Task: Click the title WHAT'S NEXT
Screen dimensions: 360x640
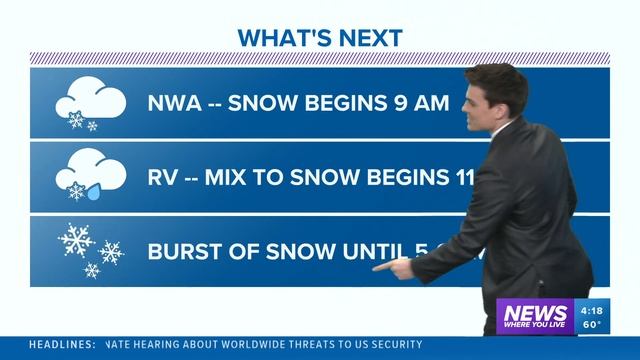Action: pos(320,38)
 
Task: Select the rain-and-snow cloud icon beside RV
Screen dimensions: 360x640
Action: pos(90,178)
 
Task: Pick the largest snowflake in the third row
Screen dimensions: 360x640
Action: pos(76,240)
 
